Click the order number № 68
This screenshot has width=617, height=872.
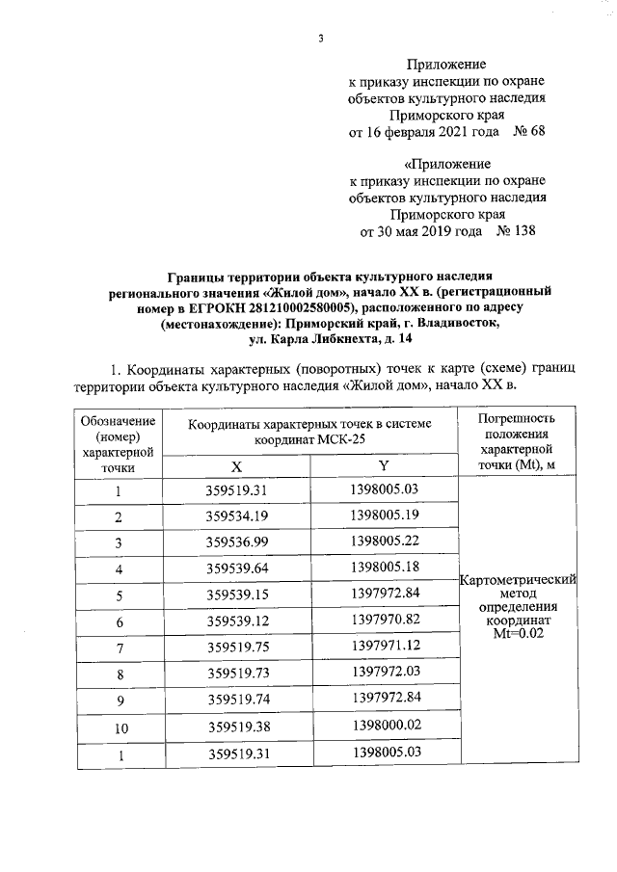tap(525, 131)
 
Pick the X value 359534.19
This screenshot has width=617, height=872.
tap(235, 516)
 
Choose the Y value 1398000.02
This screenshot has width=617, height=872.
tap(383, 728)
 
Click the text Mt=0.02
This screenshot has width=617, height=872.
tap(519, 636)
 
